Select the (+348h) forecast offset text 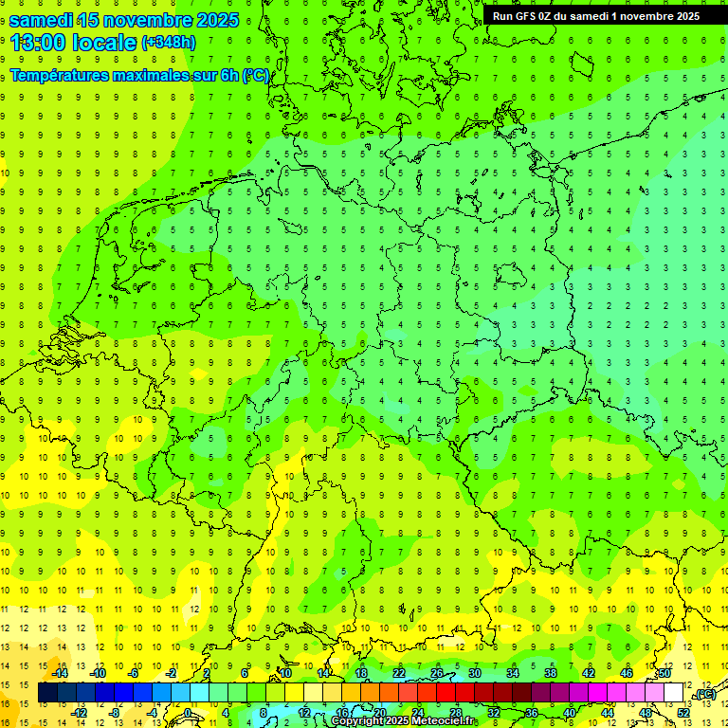(168, 43)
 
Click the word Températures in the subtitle (63, 75)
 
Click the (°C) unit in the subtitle (255, 75)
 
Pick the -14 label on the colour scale (62, 672)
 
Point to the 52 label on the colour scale (683, 712)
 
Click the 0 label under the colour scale (188, 712)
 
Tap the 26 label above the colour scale (437, 672)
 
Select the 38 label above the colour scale (550, 672)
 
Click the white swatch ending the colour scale (674, 692)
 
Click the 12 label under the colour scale (303, 712)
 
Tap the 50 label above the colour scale (664, 672)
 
